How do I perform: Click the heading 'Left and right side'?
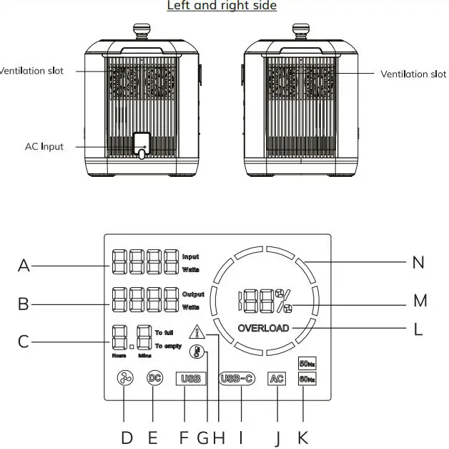point(222,6)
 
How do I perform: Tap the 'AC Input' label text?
point(44,147)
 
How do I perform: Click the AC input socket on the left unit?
point(142,144)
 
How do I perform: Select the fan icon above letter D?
point(124,380)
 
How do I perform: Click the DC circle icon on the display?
point(154,378)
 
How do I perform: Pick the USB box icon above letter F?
point(191,379)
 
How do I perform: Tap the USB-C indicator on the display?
point(237,379)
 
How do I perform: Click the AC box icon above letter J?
point(277,379)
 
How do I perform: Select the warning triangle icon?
point(197,332)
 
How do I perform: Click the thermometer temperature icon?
point(195,352)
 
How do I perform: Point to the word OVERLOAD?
point(265,328)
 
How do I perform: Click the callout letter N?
point(418,263)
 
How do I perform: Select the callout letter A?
point(24,266)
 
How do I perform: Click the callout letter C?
point(24,341)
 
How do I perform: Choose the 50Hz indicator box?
point(306,363)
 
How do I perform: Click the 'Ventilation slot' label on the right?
point(413,74)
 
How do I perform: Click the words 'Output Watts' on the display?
point(192,301)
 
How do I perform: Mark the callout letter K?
point(303,437)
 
